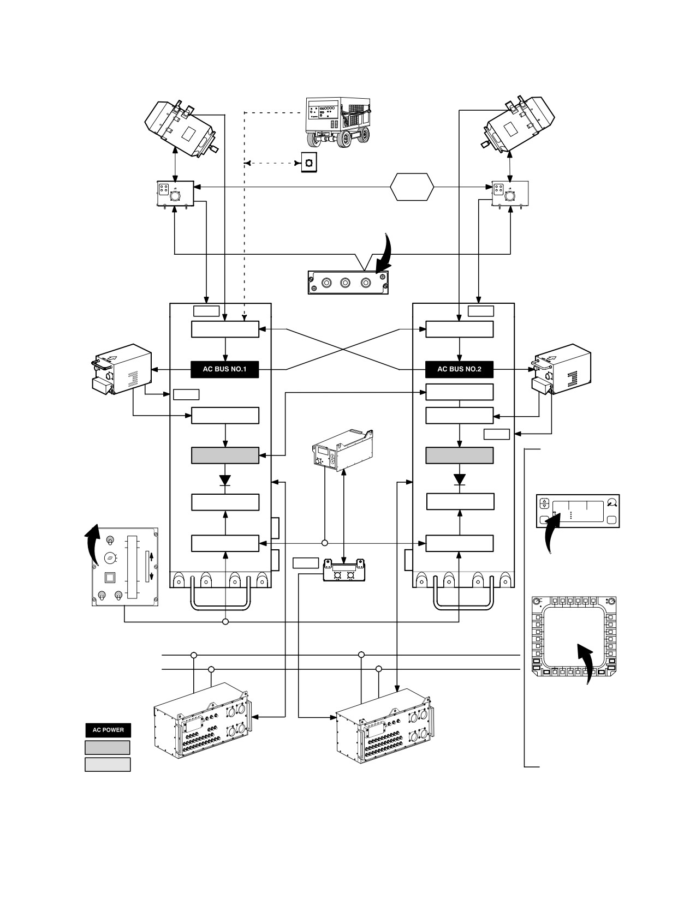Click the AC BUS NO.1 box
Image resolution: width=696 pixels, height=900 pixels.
225,369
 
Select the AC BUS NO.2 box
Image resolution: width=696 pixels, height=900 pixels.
459,369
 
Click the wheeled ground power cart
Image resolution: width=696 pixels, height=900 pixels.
338,122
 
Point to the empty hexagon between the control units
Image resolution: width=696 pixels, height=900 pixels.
412,187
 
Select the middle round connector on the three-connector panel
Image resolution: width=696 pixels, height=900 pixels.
345,283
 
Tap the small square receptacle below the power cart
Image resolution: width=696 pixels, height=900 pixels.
309,163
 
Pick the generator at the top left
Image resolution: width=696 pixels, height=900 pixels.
182,128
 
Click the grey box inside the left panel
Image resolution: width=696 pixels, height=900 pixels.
225,455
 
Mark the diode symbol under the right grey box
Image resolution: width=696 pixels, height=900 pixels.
459,479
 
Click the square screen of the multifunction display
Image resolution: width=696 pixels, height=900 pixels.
574,636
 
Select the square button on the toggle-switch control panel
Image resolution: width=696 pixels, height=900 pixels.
109,577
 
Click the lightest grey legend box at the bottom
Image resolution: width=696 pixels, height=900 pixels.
108,765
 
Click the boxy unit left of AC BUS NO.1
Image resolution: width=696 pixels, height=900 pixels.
121,369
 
